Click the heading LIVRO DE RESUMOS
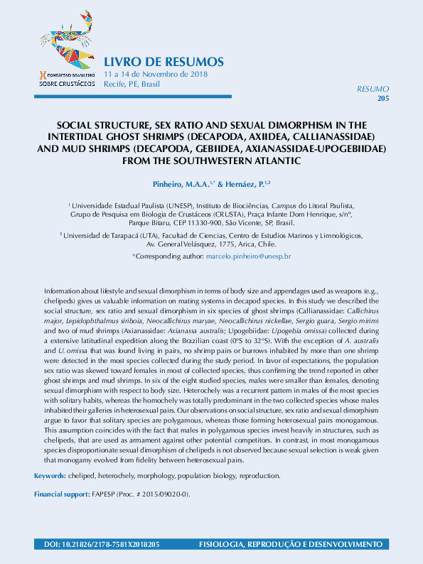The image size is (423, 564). [164, 61]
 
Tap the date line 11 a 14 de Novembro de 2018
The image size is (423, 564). [155, 74]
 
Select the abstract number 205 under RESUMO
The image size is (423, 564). [382, 98]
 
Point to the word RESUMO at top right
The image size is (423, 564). [373, 90]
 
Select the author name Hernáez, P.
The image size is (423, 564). [247, 184]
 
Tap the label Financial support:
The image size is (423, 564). [62, 493]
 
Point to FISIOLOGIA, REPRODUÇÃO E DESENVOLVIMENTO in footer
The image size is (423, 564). [290, 544]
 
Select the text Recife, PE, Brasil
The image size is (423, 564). [132, 83]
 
